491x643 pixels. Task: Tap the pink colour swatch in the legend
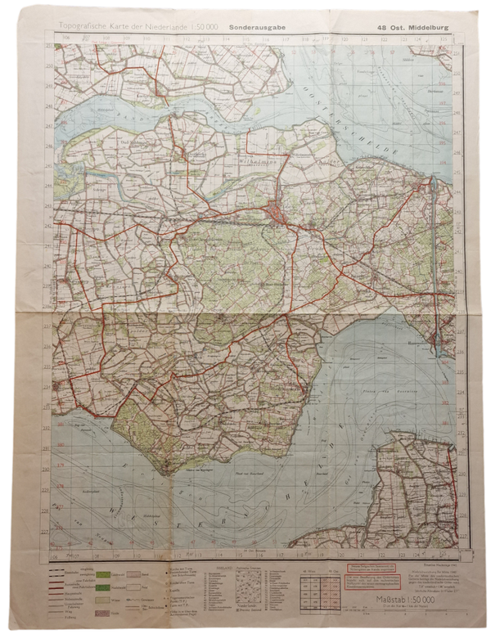click(104, 611)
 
